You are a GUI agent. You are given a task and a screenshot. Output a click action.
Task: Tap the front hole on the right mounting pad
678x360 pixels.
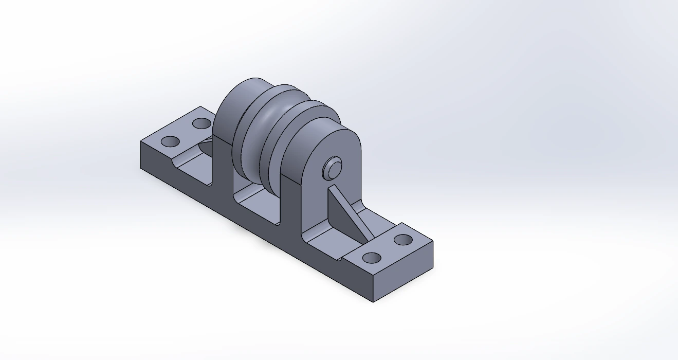point(372,258)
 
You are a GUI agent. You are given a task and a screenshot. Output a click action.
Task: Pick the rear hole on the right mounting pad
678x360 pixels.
point(403,240)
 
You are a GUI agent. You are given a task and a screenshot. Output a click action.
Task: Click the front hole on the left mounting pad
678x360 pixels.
point(170,141)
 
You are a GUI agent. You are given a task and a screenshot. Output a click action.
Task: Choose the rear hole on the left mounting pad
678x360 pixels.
point(201,123)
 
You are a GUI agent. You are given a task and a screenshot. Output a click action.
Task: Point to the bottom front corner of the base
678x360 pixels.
point(374,301)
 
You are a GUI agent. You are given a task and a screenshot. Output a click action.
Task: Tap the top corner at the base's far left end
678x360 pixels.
point(140,140)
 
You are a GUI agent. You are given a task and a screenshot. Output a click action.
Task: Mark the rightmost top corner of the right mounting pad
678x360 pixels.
point(432,242)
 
